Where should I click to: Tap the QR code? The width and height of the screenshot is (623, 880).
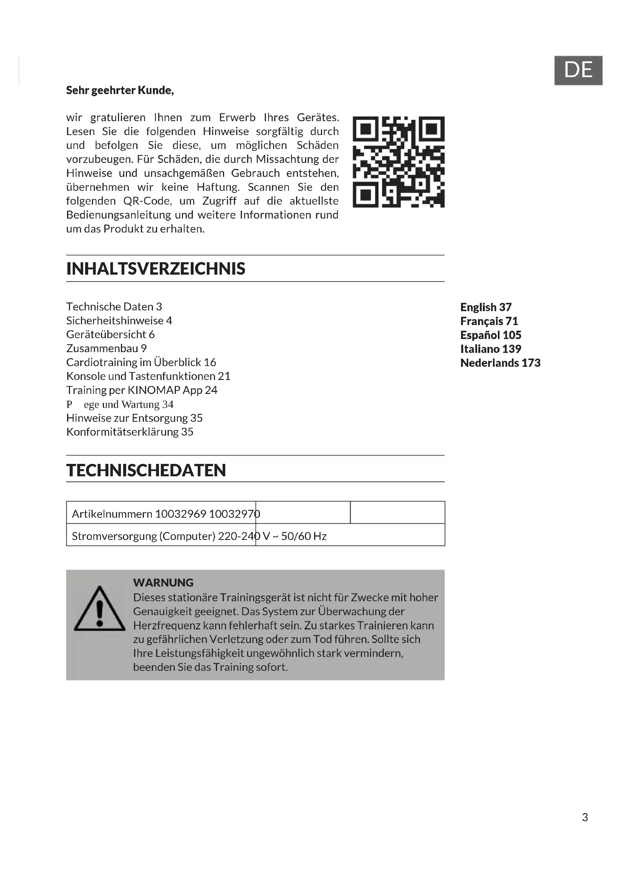[398, 162]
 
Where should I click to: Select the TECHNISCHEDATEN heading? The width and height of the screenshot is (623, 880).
[146, 470]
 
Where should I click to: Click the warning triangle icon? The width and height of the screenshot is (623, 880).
[99, 609]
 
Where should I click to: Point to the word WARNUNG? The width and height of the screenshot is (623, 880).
[163, 582]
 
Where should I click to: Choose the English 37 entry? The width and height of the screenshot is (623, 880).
[486, 307]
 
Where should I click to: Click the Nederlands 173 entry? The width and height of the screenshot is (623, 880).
[500, 363]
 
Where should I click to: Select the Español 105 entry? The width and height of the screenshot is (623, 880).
[490, 335]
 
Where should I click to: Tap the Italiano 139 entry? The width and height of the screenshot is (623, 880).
[490, 349]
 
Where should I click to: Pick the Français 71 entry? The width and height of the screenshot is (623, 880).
[489, 321]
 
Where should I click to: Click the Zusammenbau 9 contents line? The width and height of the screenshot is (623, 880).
[106, 348]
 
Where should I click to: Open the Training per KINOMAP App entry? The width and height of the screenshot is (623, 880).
[142, 390]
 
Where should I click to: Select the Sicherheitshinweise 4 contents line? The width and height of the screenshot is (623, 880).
[119, 321]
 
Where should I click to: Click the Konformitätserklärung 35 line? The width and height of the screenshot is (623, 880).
[130, 432]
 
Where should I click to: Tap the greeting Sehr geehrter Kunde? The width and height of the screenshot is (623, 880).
[120, 90]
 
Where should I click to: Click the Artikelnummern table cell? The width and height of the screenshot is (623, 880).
[161, 514]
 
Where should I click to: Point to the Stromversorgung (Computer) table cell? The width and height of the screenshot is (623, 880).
[161, 536]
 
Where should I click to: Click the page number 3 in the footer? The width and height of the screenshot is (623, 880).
[585, 818]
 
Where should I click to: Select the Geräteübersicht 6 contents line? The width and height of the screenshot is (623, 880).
[110, 334]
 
